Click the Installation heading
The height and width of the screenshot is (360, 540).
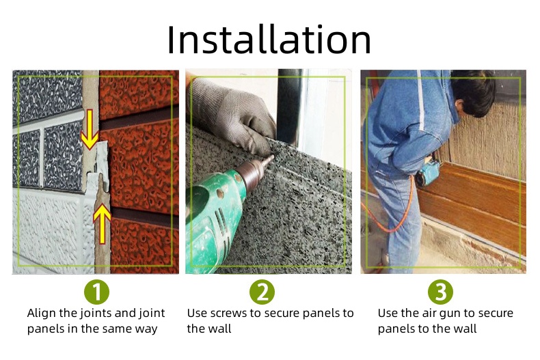[269, 40]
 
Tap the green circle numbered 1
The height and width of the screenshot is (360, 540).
[96, 292]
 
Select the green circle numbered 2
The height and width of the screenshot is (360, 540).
[262, 292]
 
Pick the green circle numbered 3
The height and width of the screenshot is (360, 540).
[440, 292]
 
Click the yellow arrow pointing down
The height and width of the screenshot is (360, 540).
[90, 129]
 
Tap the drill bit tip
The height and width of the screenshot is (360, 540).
[273, 156]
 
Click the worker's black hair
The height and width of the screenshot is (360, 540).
[474, 90]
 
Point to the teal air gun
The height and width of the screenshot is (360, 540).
[427, 173]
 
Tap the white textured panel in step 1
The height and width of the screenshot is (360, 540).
[52, 227]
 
